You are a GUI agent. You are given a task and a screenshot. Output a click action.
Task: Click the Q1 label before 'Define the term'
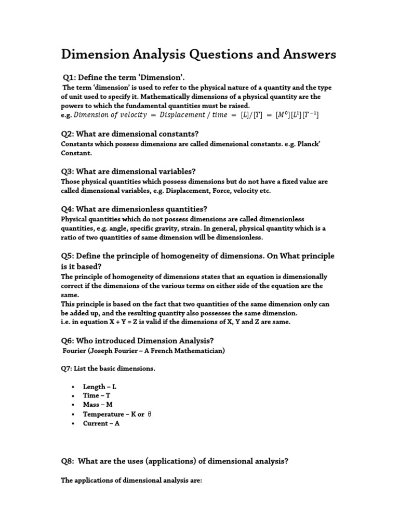tap(69, 78)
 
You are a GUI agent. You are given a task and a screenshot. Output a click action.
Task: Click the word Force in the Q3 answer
tap(199, 191)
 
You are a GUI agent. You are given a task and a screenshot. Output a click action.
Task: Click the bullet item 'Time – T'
tap(97, 395)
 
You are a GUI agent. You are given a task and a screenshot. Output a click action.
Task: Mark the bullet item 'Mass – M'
tap(97, 405)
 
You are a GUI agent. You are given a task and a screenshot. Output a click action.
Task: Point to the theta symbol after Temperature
tap(149, 414)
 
